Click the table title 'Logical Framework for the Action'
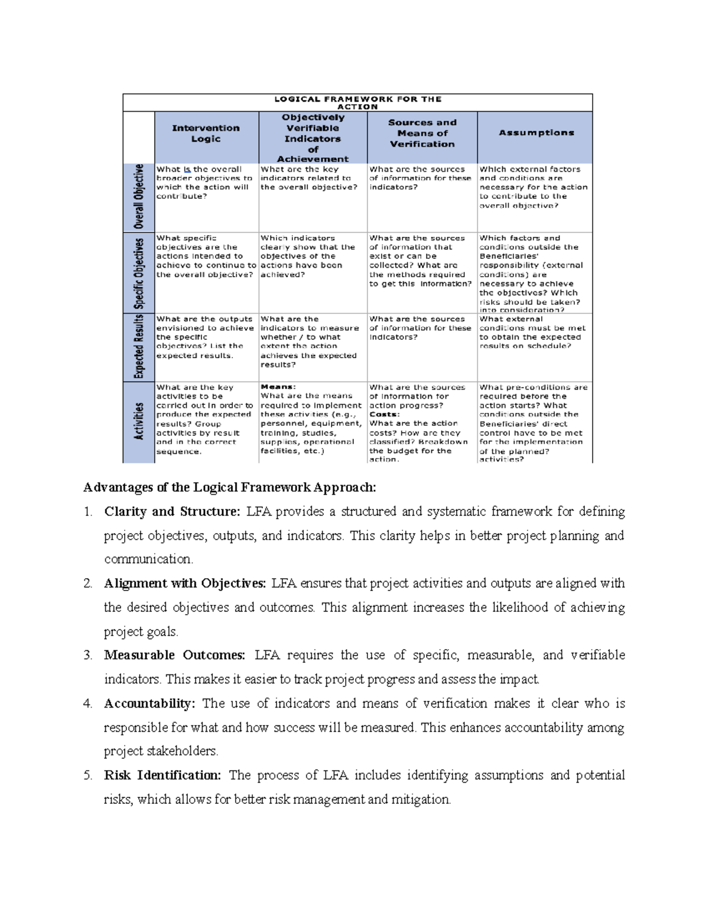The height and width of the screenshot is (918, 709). (x=357, y=103)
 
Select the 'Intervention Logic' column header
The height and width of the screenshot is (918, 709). (x=206, y=134)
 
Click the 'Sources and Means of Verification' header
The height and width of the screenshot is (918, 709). (x=422, y=134)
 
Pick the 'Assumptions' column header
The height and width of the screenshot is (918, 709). (x=536, y=133)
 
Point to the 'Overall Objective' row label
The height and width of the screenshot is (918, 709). (x=139, y=197)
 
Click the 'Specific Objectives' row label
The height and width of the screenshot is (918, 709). (x=139, y=273)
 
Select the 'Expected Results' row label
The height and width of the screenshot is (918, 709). (x=139, y=347)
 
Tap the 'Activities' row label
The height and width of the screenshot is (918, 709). (x=139, y=421)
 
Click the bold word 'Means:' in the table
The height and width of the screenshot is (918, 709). (x=278, y=387)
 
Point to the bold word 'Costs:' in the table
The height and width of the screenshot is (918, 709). (x=384, y=414)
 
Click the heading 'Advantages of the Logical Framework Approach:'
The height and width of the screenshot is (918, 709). (x=229, y=488)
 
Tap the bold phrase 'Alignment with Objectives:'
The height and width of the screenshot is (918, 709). (x=185, y=584)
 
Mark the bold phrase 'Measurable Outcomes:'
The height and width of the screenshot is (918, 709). (x=174, y=656)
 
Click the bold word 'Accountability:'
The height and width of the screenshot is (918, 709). (x=149, y=704)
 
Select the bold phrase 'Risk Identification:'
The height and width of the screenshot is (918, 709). (x=162, y=776)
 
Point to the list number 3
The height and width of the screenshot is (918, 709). (x=87, y=656)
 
